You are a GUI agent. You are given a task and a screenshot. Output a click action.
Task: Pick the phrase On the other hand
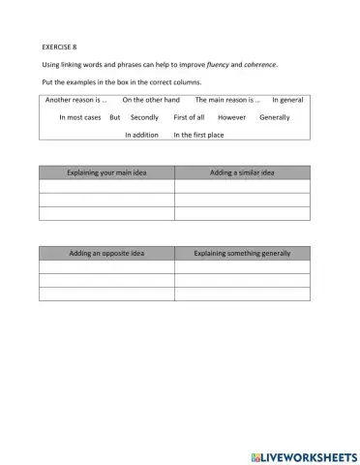[x=151, y=99]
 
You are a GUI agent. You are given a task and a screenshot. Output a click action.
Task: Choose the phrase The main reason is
[x=228, y=99]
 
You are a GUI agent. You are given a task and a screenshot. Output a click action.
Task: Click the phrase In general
[x=287, y=99]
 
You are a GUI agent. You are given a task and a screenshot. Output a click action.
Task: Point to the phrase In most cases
[x=79, y=117]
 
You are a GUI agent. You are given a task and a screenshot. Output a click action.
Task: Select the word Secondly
[x=144, y=117]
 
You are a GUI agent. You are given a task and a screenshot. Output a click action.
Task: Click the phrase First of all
[x=189, y=117]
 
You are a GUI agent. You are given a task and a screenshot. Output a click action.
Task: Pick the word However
[x=232, y=117]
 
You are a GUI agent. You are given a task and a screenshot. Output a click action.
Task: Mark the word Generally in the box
[x=276, y=117]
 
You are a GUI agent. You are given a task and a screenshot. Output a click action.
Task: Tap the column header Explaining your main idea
[x=106, y=172]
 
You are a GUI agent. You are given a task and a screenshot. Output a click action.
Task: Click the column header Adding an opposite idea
[x=106, y=254]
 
